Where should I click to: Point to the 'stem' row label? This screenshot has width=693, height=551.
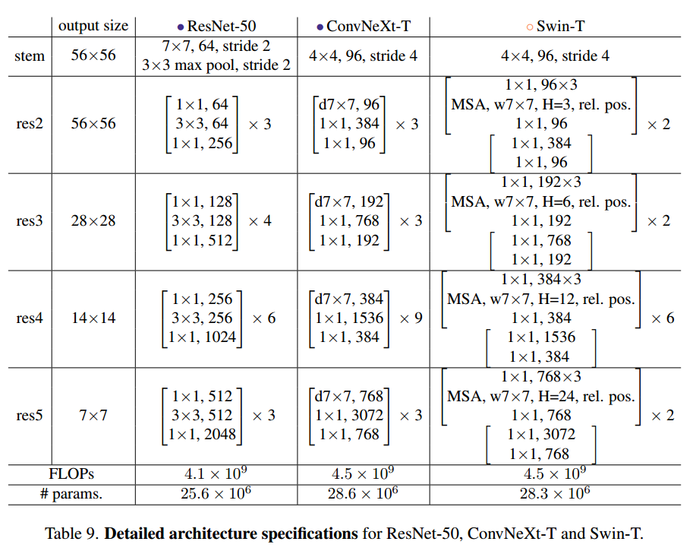(x=30, y=55)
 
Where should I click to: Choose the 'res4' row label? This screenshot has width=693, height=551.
(x=30, y=318)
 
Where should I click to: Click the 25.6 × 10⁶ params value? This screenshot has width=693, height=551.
(x=216, y=493)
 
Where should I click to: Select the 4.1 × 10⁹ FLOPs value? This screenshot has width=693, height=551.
(x=216, y=473)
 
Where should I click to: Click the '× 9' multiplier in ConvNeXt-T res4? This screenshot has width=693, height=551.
(x=411, y=318)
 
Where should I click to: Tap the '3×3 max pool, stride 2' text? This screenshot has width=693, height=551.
(x=216, y=65)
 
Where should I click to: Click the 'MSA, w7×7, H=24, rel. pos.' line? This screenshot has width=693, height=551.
(x=541, y=397)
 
